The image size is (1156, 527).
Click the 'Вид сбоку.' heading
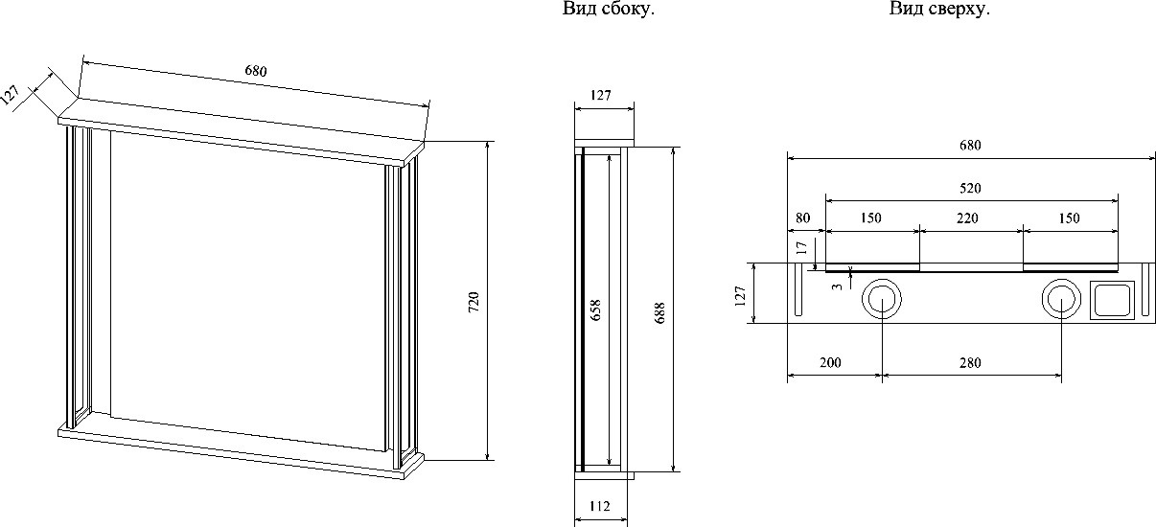(609, 9)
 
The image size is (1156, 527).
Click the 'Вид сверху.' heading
(939, 9)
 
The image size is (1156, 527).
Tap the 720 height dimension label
(474, 302)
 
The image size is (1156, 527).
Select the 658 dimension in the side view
(595, 309)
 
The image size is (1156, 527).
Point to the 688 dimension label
(659, 313)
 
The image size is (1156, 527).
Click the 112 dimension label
(599, 506)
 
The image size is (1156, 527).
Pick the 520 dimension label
(970, 188)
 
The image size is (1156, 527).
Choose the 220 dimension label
(967, 218)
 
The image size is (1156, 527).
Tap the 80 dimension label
(802, 218)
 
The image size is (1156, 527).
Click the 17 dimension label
(801, 248)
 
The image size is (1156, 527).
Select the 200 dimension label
(830, 363)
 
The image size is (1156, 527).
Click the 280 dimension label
(970, 363)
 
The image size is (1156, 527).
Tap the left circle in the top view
(882, 280)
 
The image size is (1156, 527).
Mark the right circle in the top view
(1061, 280)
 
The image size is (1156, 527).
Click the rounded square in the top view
(1112, 282)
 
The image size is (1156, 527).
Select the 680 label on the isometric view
(256, 71)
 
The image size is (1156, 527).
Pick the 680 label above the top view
(970, 146)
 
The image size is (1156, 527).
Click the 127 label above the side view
(601, 96)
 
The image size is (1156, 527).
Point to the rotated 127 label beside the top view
(741, 296)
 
